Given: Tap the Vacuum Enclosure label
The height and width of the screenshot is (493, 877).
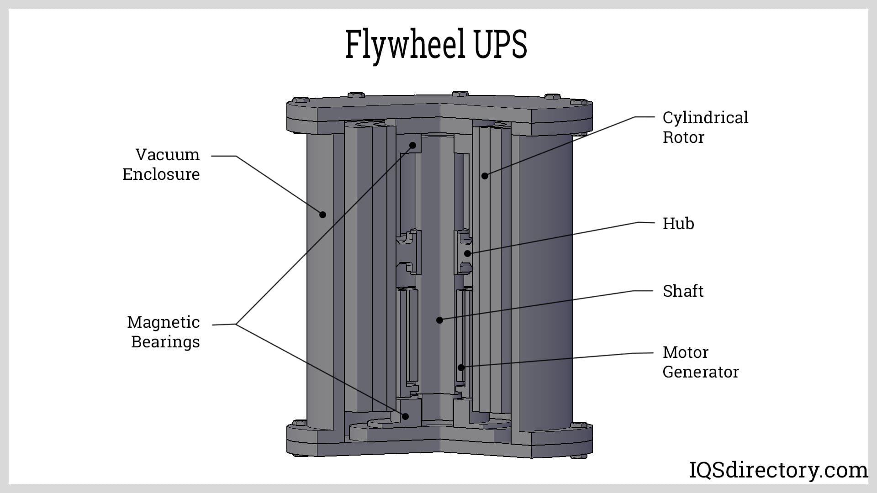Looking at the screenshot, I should coord(161,164).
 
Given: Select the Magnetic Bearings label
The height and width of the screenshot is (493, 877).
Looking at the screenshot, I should coord(164,332).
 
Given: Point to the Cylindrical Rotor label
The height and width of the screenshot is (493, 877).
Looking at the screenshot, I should coord(705,127).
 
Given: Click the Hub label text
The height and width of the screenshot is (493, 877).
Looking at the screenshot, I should coord(678,224).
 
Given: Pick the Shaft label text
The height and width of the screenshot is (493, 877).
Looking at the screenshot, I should coord(683,291).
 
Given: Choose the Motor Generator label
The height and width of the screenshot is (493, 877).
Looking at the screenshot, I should coord(700,362).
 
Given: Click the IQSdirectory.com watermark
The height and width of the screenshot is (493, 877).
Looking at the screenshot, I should coord(778,470).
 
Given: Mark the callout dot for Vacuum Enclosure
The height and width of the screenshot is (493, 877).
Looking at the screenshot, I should coord(322,215).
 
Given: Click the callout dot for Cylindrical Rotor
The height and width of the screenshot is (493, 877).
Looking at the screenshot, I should coord(485,176).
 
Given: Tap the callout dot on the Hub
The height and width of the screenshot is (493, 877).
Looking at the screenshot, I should coord(467,254).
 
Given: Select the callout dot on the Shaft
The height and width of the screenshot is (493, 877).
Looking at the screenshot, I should coord(439,320).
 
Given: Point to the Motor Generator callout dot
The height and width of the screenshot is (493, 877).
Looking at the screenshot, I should coord(461,367).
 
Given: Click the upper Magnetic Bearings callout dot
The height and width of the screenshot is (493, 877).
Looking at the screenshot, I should coord(412,146).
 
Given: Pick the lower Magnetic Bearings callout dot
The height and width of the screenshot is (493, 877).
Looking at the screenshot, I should coord(405,416).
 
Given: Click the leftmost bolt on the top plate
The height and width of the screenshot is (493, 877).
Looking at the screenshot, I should coord(300,100).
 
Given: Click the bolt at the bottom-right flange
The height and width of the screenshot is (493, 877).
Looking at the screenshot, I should coord(579,425).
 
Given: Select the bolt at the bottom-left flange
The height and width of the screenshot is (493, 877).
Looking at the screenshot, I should coord(299,423).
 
